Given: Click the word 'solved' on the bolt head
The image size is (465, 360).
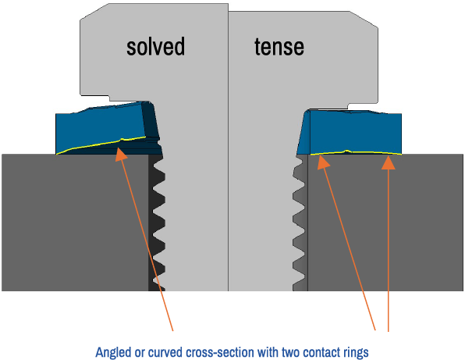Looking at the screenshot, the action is tap(156, 46).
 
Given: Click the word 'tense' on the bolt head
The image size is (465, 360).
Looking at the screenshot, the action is tap(279, 47).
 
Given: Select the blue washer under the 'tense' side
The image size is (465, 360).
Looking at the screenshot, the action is tap(350, 132).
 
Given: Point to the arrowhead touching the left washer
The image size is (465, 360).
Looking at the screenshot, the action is tap(120, 155).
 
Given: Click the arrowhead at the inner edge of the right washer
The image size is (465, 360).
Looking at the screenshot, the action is tap(323, 162).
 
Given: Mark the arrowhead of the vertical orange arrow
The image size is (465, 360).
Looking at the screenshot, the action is tap(389, 162).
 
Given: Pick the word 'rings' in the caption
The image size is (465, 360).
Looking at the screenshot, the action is tap(356, 352).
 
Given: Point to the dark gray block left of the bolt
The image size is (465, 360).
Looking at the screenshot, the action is tap(75, 223).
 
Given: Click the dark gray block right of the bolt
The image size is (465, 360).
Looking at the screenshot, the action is tap(385, 223).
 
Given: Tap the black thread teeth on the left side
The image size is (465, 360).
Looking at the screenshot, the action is tap(157, 223).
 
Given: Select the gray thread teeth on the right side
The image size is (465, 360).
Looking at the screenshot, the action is tap(300, 223).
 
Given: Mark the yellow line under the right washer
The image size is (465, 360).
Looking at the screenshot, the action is tap(356, 152).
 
